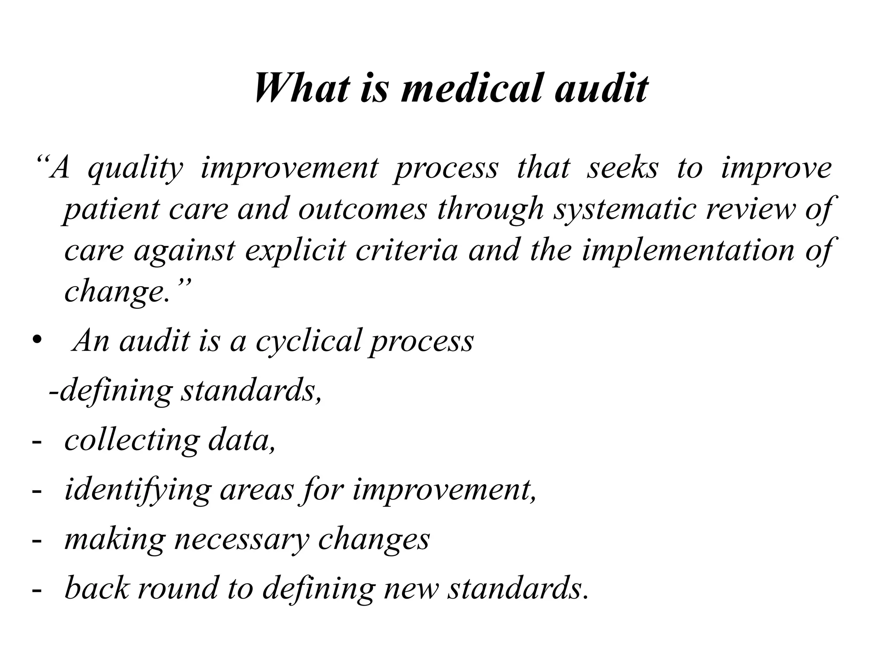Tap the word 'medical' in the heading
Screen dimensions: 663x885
pos(471,88)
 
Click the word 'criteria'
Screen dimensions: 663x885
pos(407,250)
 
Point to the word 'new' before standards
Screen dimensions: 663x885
pos(411,589)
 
